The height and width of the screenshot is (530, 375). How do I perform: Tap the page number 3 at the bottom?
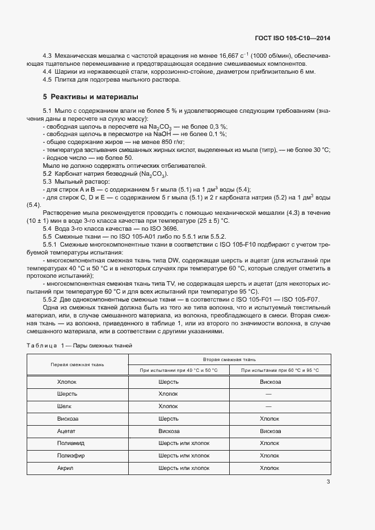click(328, 482)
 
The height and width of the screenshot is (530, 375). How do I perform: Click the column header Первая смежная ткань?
click(77, 364)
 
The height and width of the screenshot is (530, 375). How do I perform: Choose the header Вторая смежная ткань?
click(229, 359)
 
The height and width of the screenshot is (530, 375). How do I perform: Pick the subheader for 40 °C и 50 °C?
click(179, 370)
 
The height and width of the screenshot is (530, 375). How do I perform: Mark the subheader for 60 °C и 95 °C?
click(280, 370)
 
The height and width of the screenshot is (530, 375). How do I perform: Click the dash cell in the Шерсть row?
click(270, 394)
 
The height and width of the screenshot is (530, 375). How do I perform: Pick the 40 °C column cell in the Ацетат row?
click(168, 431)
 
